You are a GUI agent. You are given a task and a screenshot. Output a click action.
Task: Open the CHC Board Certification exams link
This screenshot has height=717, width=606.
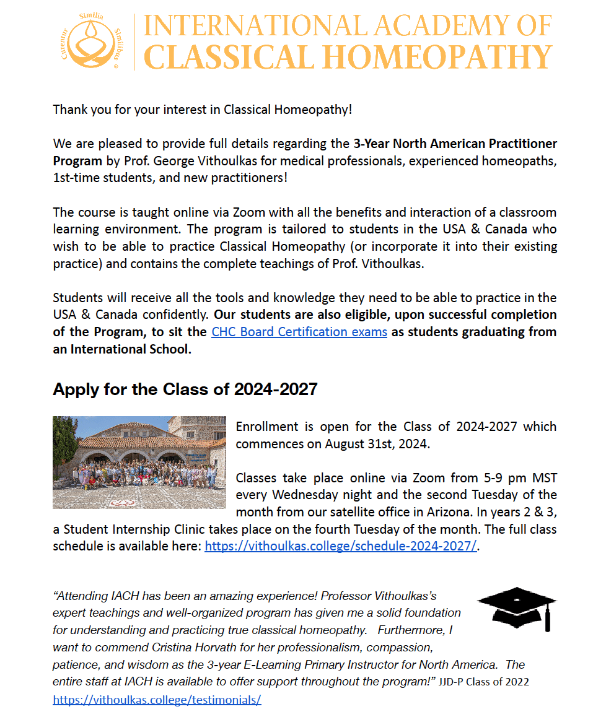299,332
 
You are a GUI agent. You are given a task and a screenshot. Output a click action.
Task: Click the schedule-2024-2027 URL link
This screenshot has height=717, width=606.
341,546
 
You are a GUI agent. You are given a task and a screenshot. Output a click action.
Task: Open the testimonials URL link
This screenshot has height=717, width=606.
157,700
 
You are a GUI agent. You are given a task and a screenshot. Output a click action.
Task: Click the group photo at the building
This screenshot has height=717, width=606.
139,462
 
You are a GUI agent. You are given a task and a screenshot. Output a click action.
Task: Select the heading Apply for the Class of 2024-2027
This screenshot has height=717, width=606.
185,389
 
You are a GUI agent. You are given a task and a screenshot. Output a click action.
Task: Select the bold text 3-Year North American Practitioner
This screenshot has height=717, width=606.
455,144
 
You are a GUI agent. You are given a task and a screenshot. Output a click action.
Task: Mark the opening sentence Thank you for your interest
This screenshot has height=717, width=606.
203,110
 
